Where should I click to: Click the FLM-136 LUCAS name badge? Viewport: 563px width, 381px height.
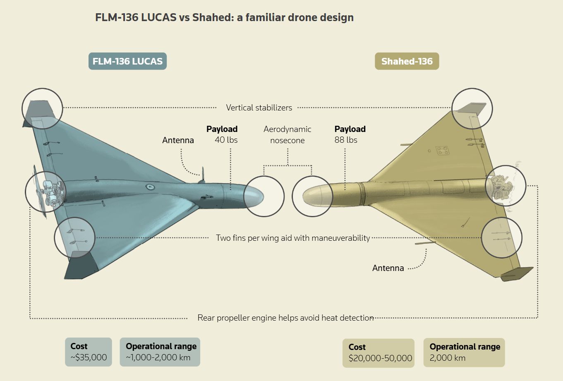click(x=127, y=61)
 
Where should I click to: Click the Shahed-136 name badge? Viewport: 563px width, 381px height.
click(x=407, y=61)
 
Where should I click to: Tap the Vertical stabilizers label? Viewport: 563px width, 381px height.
click(x=259, y=108)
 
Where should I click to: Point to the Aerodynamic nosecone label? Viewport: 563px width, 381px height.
click(x=287, y=135)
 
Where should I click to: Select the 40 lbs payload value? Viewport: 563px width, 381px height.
click(x=226, y=140)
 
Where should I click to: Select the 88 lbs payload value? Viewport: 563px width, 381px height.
click(x=346, y=140)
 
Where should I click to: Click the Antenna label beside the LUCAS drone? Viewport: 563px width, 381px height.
click(x=178, y=140)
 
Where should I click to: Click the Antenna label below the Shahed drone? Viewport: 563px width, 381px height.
click(x=388, y=268)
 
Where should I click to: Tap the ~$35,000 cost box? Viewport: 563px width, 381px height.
click(x=89, y=352)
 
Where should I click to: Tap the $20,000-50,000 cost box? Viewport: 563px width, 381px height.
click(x=379, y=353)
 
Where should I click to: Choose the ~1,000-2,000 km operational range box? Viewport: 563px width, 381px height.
click(x=160, y=352)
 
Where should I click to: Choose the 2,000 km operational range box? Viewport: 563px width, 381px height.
click(x=464, y=353)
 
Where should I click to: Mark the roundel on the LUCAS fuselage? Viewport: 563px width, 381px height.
click(x=149, y=187)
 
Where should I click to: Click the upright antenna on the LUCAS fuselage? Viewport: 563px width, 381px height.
click(x=202, y=175)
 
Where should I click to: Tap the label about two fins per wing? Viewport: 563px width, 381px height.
click(x=293, y=238)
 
